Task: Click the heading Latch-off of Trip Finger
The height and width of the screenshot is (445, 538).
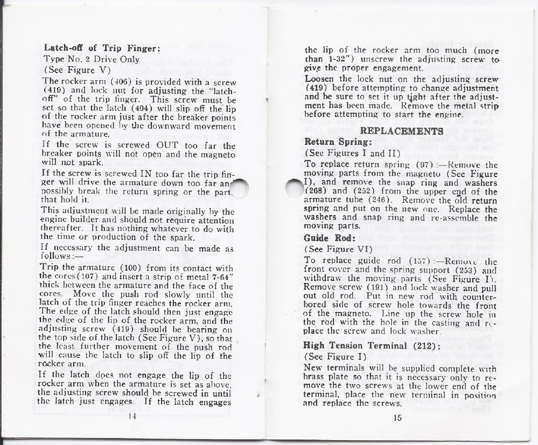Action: (x=100, y=47)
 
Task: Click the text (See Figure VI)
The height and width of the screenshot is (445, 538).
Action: (x=337, y=249)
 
